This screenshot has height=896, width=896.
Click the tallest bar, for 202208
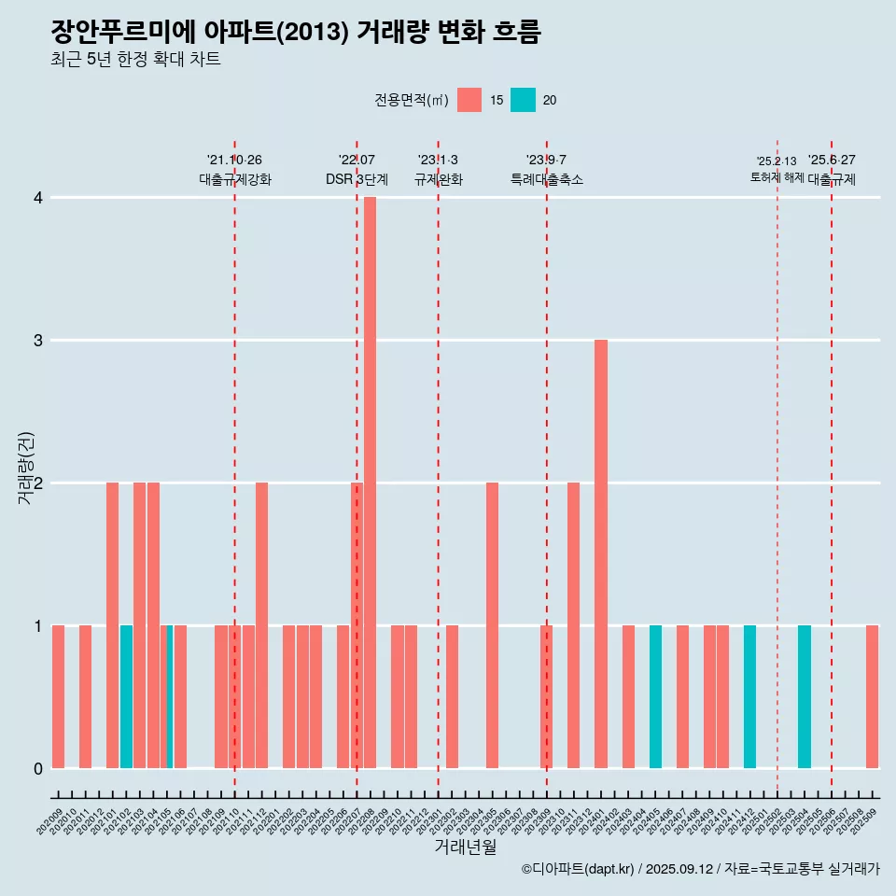[x=370, y=483]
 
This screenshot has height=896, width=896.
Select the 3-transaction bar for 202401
[x=601, y=553]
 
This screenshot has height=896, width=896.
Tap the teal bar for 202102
[x=126, y=696]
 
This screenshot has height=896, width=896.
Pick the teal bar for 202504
[x=805, y=696]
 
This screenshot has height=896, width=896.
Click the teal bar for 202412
[x=749, y=696]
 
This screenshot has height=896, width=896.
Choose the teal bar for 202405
[x=655, y=696]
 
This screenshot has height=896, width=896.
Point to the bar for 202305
[x=492, y=625]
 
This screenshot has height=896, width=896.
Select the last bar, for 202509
[x=872, y=696]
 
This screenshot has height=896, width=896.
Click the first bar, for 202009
[x=58, y=696]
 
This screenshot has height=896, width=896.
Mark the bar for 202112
[x=261, y=625]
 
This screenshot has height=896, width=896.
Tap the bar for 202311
[x=573, y=625]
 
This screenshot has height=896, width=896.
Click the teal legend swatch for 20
[x=523, y=100]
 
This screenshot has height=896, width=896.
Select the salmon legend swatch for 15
[x=469, y=100]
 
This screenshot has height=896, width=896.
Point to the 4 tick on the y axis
[x=37, y=198]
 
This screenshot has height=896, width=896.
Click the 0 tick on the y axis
[x=37, y=768]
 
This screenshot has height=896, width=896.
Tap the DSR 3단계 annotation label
[x=357, y=179]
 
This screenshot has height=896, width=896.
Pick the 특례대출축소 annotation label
[x=547, y=179]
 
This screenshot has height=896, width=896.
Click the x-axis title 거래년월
[x=465, y=847]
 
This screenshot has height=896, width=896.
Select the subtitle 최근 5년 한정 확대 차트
[x=136, y=60]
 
